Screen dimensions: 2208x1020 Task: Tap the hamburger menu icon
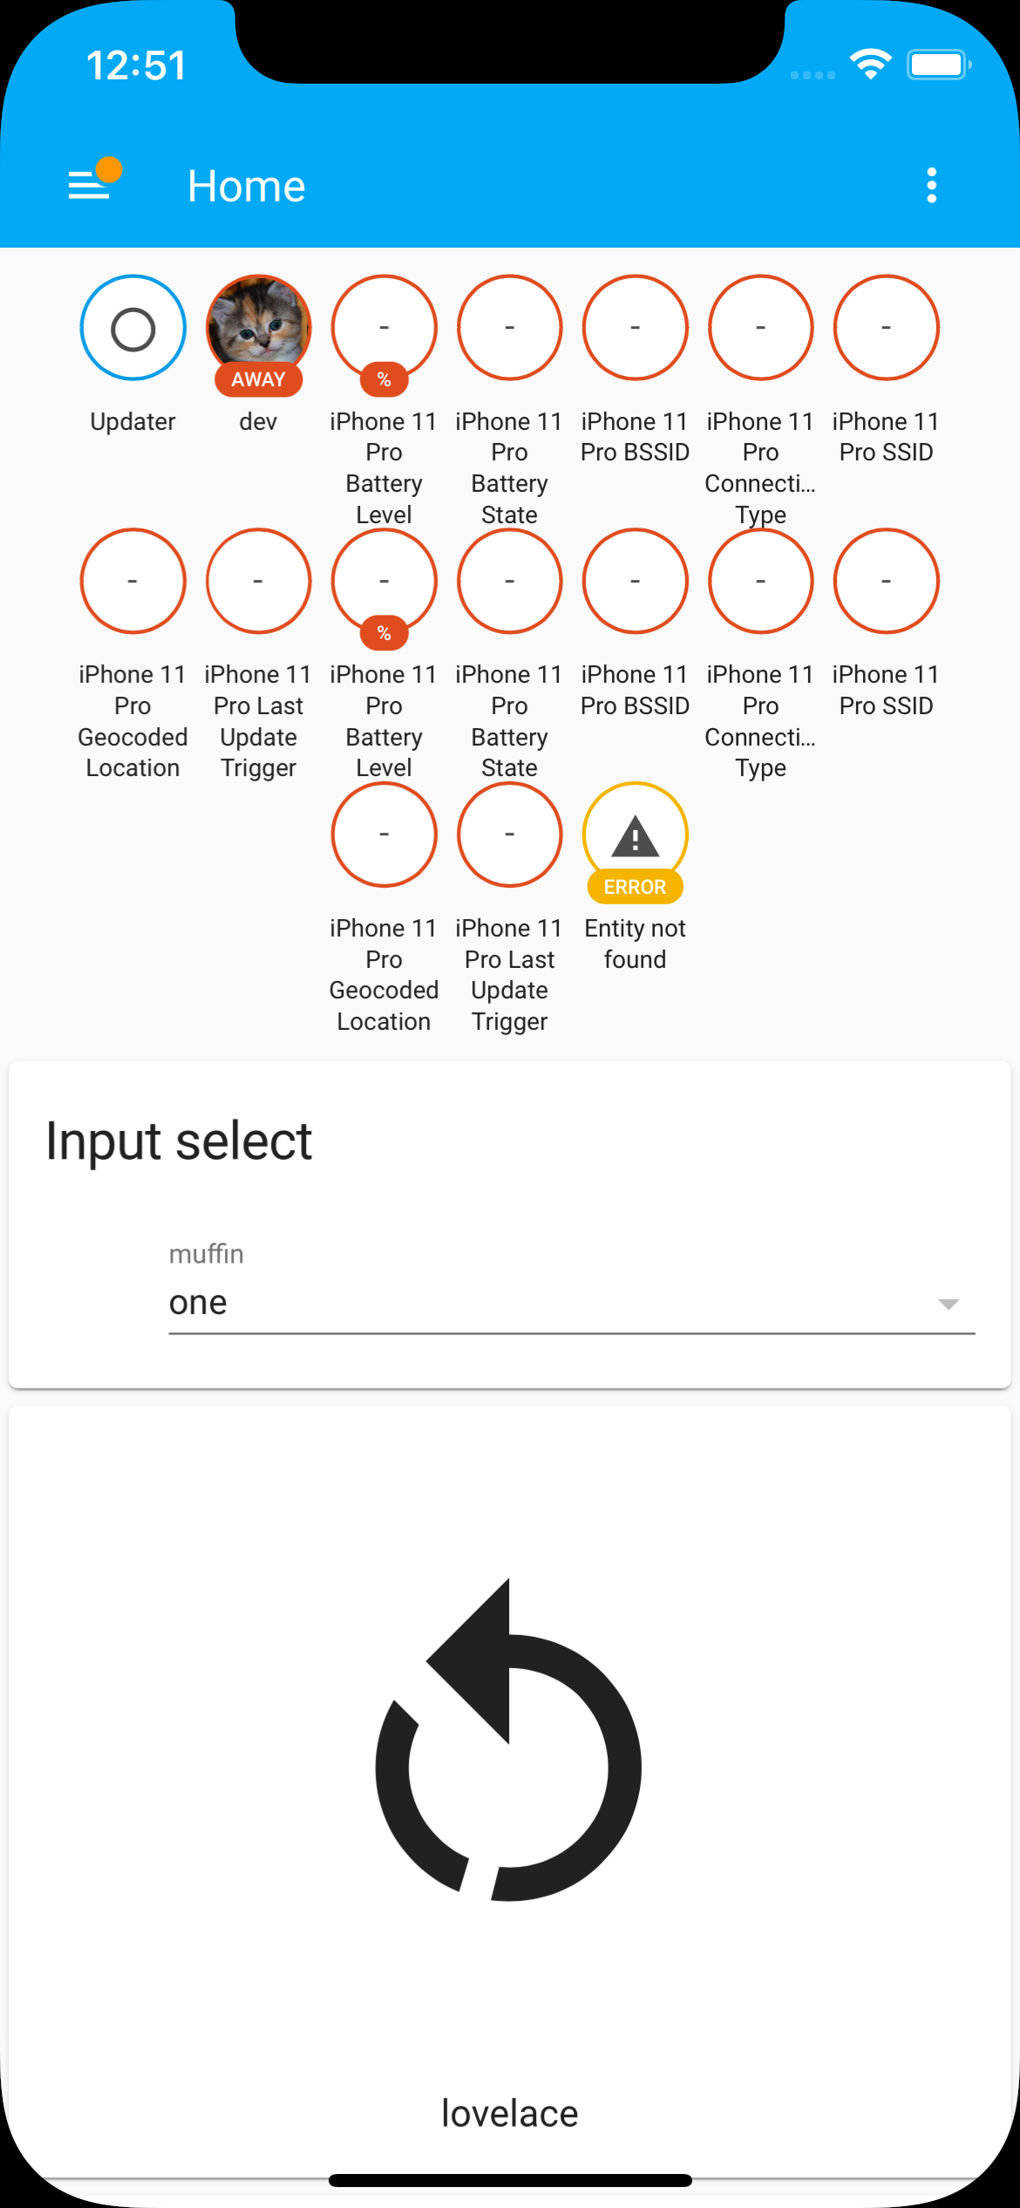[x=89, y=185]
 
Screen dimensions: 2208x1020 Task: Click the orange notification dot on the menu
[x=109, y=169]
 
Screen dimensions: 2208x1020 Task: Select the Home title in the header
[x=247, y=186]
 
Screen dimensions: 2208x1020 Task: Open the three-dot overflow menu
[x=931, y=185]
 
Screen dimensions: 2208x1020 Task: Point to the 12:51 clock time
[x=137, y=65]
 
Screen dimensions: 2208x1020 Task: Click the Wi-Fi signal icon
[x=870, y=65]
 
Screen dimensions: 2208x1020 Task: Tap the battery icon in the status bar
[x=938, y=65]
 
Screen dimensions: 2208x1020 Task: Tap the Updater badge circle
[x=133, y=329]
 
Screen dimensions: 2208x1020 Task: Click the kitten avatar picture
[x=259, y=321]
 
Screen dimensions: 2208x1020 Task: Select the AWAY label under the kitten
[x=259, y=379]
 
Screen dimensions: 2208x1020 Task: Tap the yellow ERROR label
[x=635, y=887]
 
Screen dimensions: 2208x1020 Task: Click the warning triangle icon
[x=635, y=836]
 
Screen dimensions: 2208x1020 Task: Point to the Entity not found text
[x=635, y=944]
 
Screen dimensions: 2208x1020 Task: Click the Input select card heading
[x=179, y=1141]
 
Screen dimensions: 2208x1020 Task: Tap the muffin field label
[x=207, y=1254]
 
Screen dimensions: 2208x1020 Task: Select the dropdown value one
[x=198, y=1302]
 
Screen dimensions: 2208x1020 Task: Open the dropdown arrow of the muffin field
[x=948, y=1304]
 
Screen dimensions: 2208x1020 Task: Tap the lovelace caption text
[x=510, y=2113]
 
